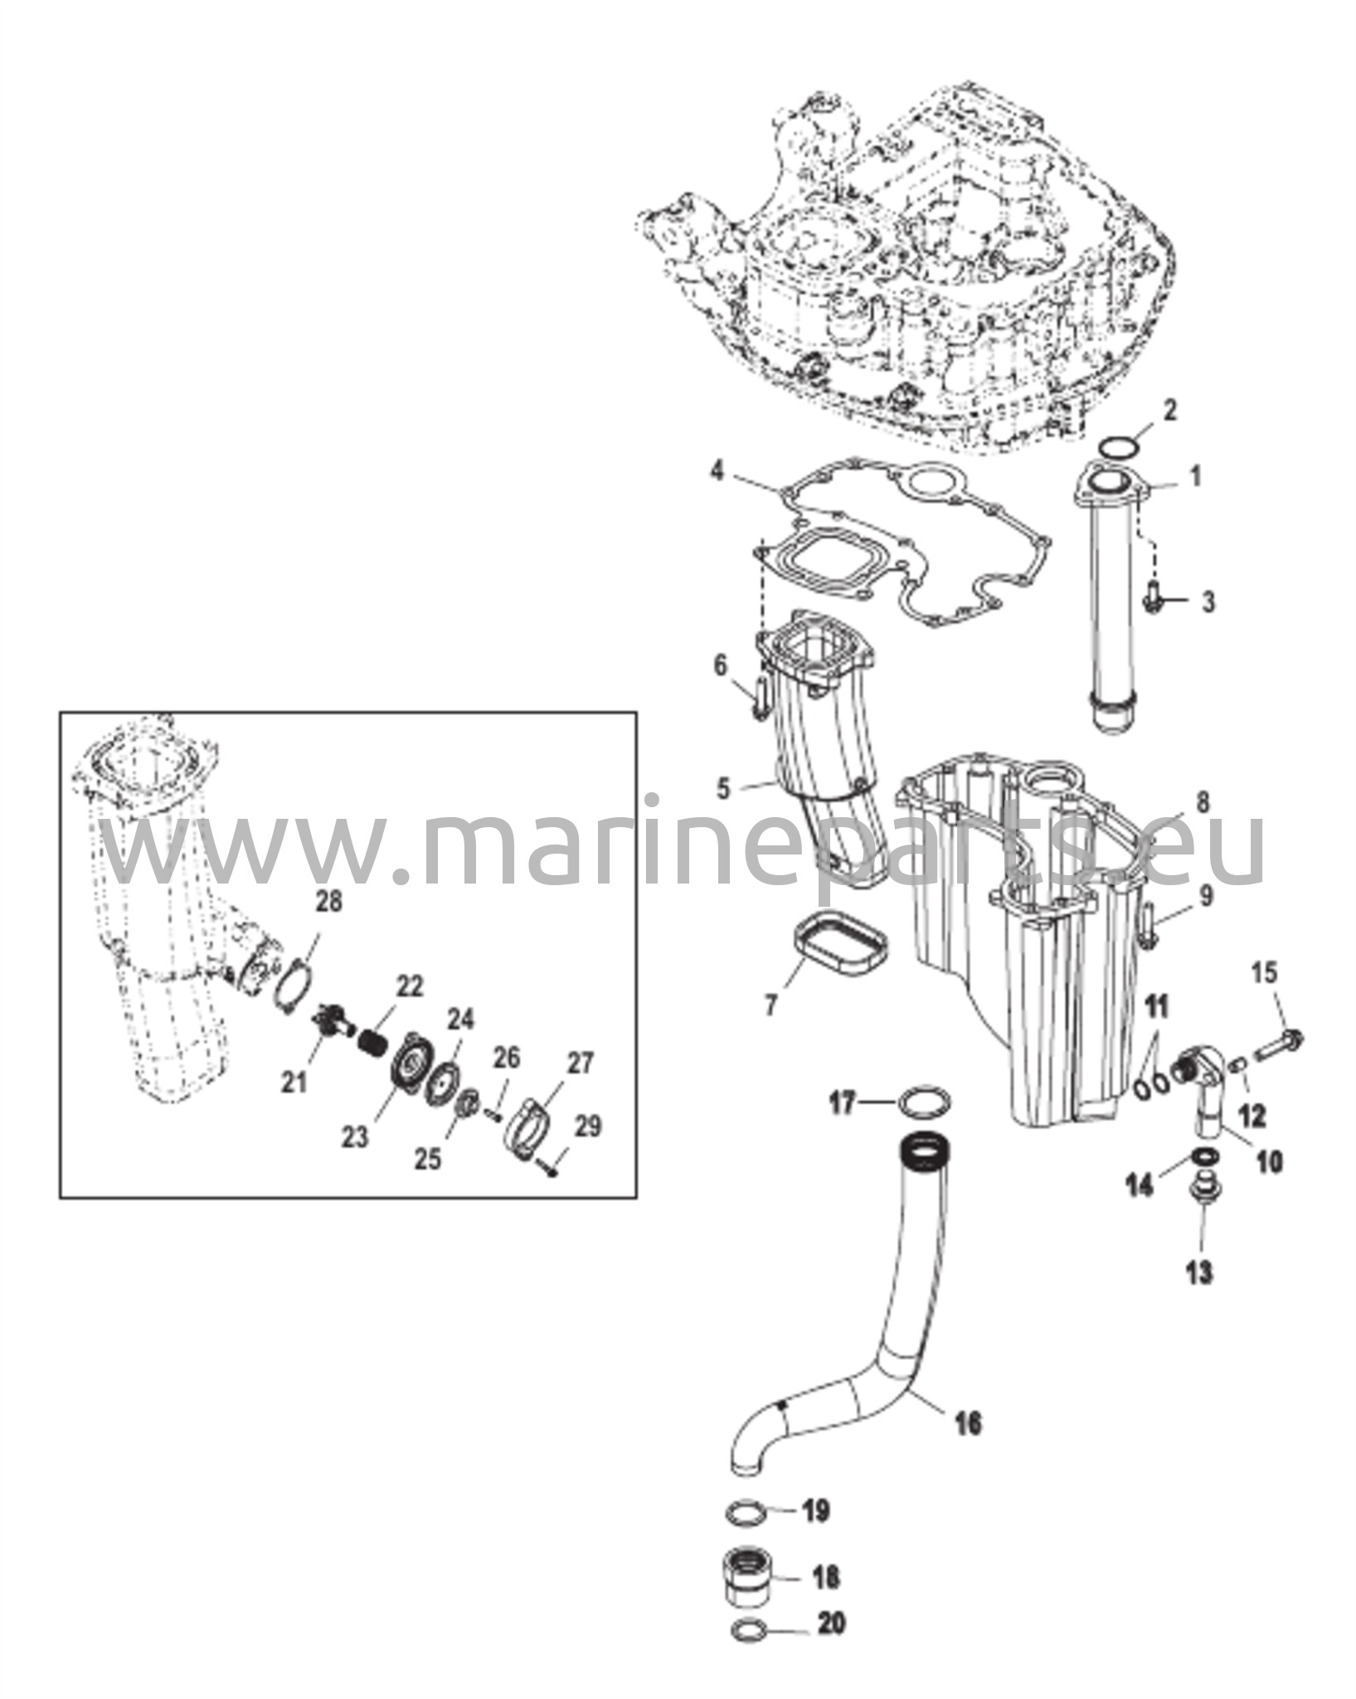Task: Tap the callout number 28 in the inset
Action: (329, 902)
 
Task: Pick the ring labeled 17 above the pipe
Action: (925, 1103)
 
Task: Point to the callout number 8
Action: (1203, 802)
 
